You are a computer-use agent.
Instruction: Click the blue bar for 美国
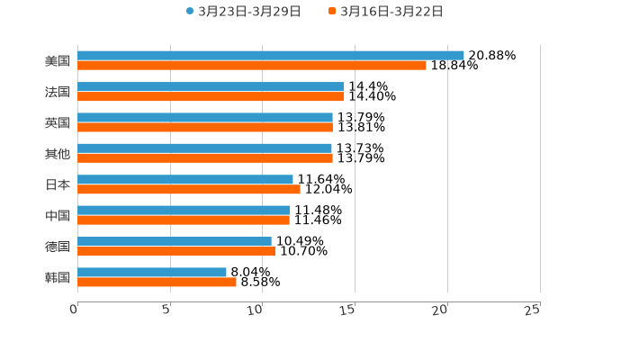[x=270, y=55]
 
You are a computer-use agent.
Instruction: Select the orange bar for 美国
[x=252, y=65]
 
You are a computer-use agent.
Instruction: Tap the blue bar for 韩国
[x=152, y=272]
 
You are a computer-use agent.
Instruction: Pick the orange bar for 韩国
[x=157, y=282]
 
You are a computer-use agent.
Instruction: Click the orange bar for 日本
[x=189, y=189]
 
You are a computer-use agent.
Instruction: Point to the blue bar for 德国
[x=175, y=241]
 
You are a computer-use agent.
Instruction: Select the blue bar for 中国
[x=184, y=210]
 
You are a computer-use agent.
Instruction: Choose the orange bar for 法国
[x=211, y=96]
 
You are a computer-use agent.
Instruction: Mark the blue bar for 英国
[x=205, y=117]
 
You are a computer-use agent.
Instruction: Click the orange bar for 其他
[x=205, y=157]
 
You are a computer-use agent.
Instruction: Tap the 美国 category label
[x=58, y=61]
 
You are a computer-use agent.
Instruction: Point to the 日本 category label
[x=58, y=184]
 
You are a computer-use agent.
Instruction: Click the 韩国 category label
[x=58, y=277]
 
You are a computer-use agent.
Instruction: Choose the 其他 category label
[x=58, y=154]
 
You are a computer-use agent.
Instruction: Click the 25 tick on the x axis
[x=533, y=310]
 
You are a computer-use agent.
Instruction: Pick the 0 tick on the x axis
[x=75, y=310]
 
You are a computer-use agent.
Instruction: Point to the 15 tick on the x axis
[x=348, y=310]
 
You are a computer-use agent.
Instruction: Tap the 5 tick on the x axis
[x=166, y=310]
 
